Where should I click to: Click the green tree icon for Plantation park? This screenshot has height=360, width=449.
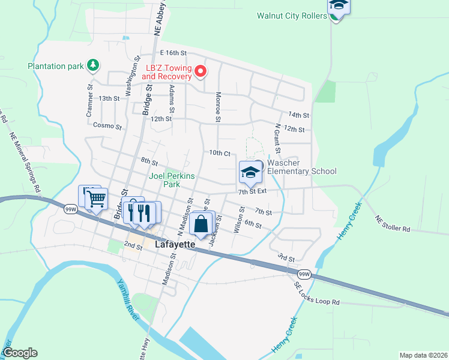(x=92, y=64)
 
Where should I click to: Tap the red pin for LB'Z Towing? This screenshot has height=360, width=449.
(x=201, y=73)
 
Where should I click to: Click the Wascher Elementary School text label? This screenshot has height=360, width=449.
(x=301, y=167)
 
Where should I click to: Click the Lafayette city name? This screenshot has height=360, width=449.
(x=176, y=245)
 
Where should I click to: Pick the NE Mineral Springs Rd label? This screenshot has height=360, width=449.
(x=25, y=163)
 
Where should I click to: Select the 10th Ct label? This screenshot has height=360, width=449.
(x=220, y=153)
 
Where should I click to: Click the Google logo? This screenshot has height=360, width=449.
(x=20, y=353)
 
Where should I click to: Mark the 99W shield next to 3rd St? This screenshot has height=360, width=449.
(x=304, y=274)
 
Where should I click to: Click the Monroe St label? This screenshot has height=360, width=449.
(x=218, y=106)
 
